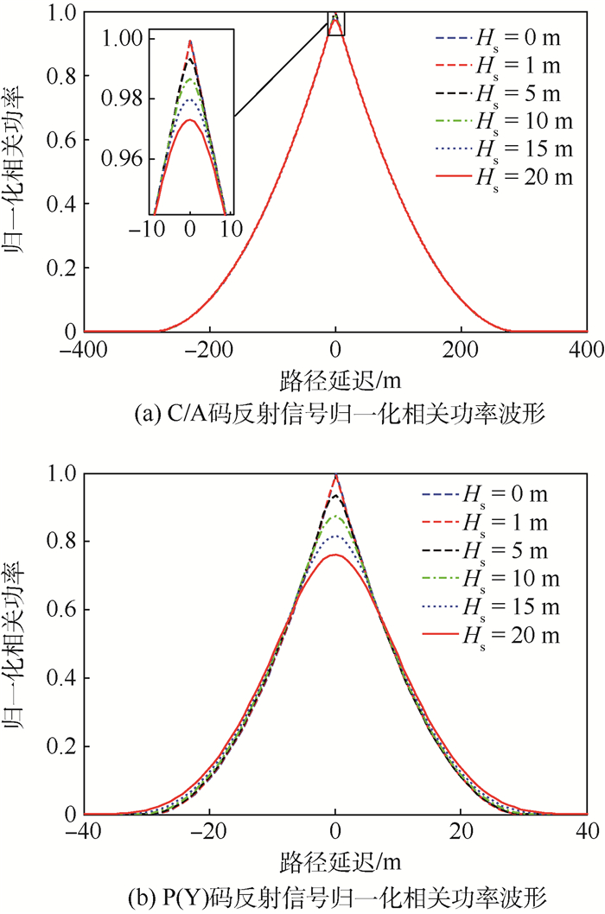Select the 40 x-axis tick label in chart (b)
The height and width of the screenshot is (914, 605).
click(588, 831)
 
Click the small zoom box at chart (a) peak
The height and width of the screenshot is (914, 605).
click(336, 23)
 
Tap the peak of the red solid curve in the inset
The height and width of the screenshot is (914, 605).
click(190, 120)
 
